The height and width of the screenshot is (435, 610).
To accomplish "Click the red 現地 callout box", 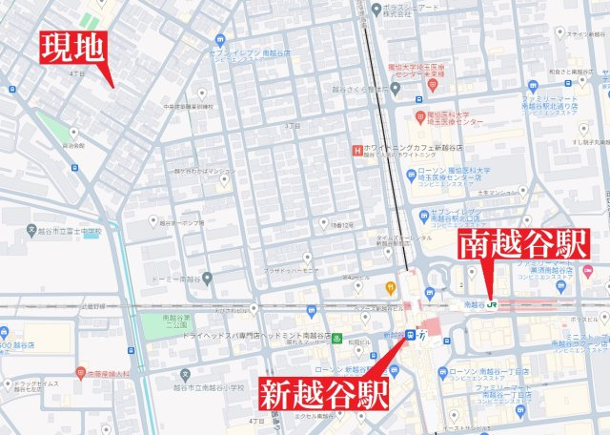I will click(71, 48).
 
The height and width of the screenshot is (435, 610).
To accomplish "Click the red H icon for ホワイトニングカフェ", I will click(356, 150).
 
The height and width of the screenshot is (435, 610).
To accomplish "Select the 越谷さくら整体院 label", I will click(367, 92).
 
